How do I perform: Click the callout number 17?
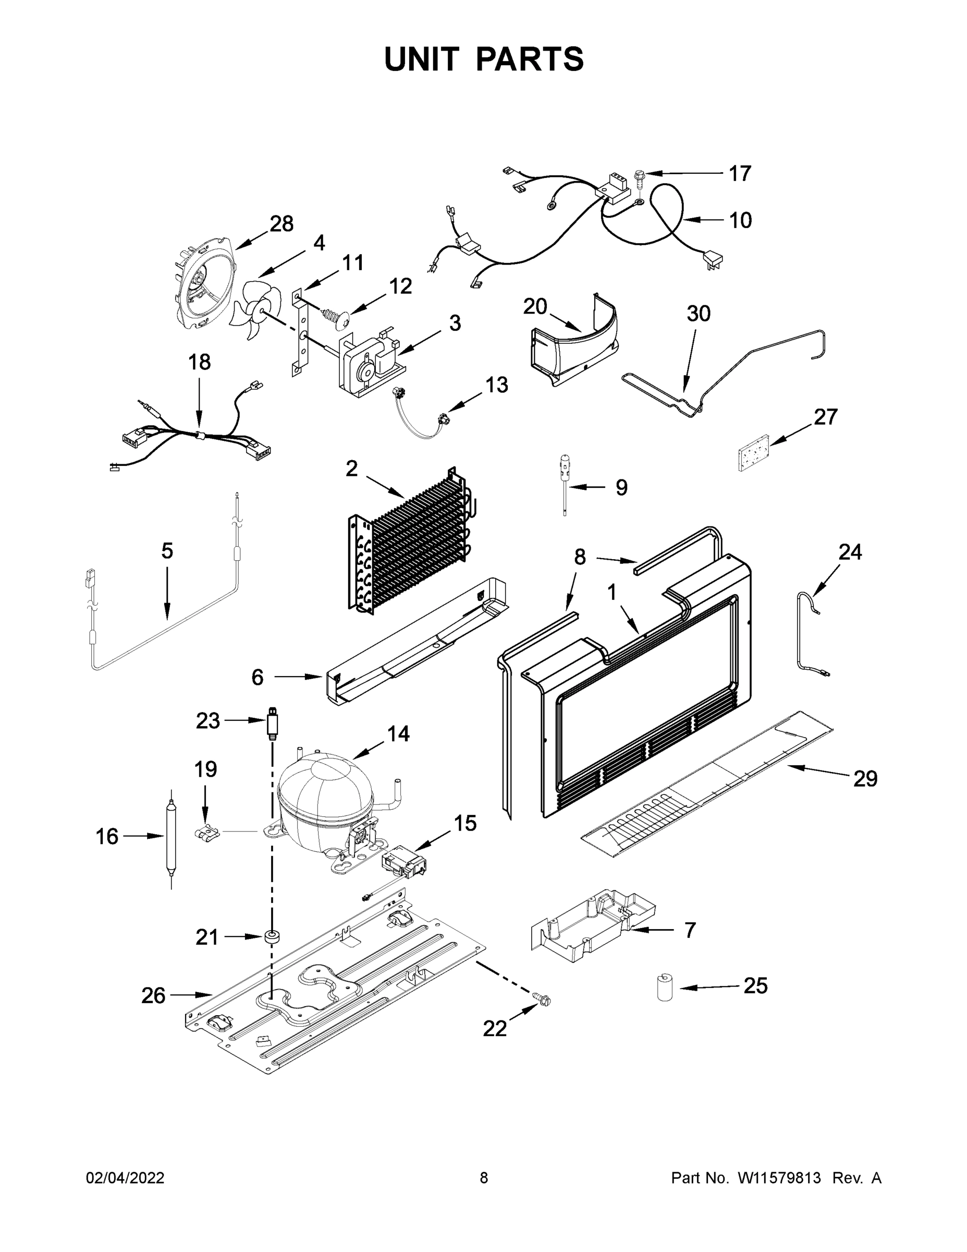[740, 173]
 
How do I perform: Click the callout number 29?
[865, 778]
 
